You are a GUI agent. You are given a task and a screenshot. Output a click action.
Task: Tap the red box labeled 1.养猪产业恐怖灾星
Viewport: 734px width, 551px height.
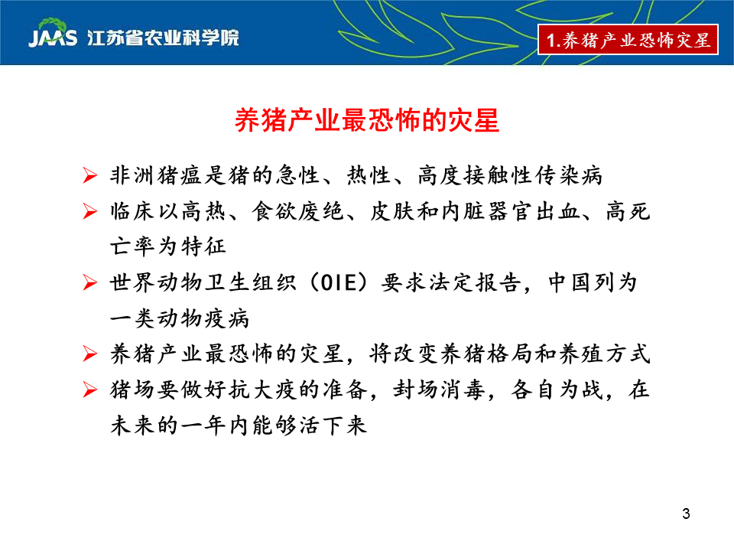(x=628, y=39)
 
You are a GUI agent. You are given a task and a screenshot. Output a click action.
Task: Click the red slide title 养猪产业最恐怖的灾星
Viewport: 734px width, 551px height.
(x=367, y=120)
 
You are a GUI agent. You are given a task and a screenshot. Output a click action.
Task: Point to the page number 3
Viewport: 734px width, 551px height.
(x=686, y=514)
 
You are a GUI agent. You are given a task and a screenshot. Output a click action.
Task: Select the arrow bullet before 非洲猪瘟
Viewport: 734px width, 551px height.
(x=90, y=175)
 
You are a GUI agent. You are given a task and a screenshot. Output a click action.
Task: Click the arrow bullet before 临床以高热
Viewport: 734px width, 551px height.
(x=90, y=211)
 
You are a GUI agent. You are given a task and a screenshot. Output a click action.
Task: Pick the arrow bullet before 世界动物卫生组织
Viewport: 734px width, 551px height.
(x=90, y=282)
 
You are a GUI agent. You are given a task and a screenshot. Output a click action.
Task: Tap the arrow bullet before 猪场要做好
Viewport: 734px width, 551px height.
(x=90, y=390)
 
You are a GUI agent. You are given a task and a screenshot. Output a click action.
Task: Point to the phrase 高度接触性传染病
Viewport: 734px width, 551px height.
(x=510, y=175)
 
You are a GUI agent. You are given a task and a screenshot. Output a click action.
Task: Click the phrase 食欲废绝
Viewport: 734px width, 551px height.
(x=297, y=211)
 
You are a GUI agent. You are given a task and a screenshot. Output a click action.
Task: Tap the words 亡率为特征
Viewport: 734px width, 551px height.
(x=168, y=246)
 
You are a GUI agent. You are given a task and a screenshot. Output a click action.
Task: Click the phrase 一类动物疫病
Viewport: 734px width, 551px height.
(x=180, y=318)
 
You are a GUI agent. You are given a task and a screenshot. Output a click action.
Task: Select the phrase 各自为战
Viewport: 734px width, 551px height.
(x=557, y=390)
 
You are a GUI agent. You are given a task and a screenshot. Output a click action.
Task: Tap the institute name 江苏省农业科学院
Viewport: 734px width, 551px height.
(x=163, y=38)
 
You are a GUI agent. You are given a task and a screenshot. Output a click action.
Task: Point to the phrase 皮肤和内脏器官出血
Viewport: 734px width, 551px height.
(x=475, y=211)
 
